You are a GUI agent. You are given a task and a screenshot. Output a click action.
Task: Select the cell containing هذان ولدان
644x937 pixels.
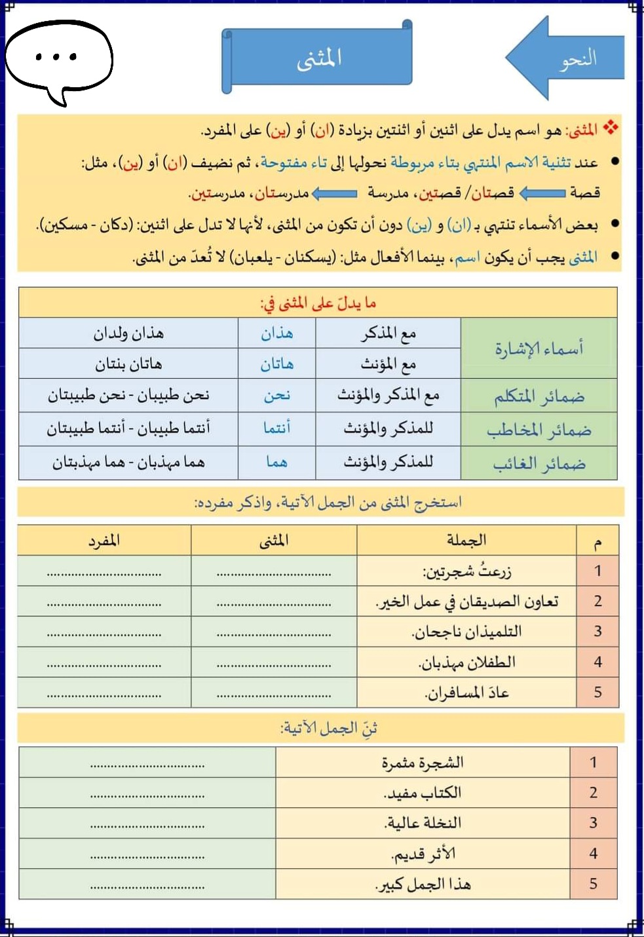[128, 334]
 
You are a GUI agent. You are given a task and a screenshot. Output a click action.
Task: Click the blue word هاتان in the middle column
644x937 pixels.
[276, 364]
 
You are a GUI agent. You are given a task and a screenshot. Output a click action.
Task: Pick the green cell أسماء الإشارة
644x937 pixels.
[539, 349]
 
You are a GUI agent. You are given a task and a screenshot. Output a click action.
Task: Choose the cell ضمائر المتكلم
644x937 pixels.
[539, 396]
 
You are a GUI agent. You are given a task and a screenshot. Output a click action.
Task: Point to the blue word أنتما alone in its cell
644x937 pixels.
[276, 429]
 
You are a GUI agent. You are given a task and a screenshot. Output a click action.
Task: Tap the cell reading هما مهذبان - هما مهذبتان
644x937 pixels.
[128, 463]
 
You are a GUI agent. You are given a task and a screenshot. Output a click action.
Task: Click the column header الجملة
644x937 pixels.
[466, 541]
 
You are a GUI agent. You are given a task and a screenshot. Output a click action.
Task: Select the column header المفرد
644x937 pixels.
[104, 541]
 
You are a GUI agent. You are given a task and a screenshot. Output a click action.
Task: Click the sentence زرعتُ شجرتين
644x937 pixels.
[466, 571]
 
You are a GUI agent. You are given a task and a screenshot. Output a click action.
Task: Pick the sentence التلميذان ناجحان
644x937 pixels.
[466, 632]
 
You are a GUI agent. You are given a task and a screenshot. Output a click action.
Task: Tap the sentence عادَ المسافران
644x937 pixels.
[466, 693]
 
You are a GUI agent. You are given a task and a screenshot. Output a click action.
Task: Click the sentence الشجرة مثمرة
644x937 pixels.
[423, 763]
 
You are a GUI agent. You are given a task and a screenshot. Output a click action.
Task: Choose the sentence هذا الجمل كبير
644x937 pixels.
[423, 885]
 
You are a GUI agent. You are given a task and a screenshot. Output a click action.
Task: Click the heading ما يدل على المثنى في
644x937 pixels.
[318, 303]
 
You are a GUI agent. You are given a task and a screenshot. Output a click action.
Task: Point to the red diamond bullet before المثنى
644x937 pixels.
[611, 128]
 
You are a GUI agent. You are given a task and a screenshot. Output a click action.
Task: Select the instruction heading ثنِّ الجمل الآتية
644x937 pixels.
[329, 729]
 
